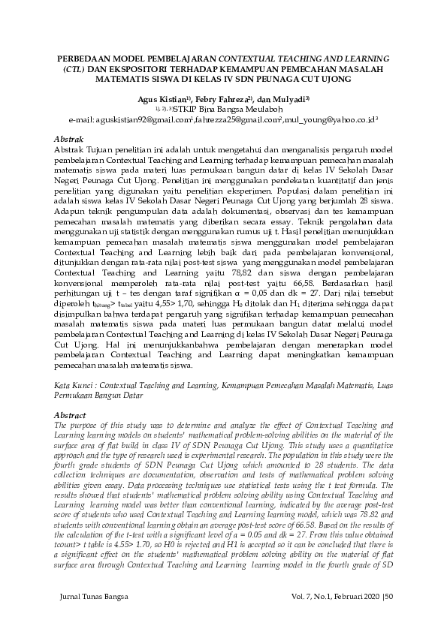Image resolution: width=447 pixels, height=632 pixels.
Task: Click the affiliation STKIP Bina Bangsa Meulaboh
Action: coord(234,108)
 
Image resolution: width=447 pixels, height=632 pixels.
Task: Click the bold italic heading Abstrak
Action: coord(71,140)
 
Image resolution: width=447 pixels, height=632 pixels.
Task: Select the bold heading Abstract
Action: coord(71,414)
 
